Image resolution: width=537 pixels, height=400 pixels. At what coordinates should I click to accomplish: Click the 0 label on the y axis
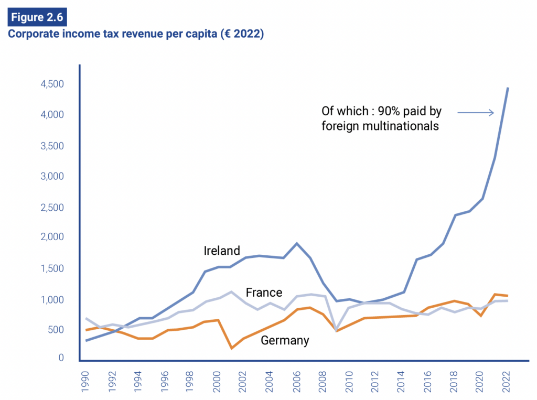click(61, 358)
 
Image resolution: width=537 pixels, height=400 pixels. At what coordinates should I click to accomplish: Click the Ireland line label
click(222, 251)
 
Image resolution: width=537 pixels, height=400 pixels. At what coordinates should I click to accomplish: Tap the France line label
click(264, 293)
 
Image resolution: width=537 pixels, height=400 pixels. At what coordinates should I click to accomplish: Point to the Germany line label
click(285, 340)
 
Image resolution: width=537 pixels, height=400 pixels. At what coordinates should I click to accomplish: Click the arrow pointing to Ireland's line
click(475, 112)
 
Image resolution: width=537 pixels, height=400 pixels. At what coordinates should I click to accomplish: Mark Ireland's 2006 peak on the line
click(297, 243)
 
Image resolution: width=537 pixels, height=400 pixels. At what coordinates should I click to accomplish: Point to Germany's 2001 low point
click(231, 348)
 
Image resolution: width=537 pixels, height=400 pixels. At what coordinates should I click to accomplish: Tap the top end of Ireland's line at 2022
click(508, 88)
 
